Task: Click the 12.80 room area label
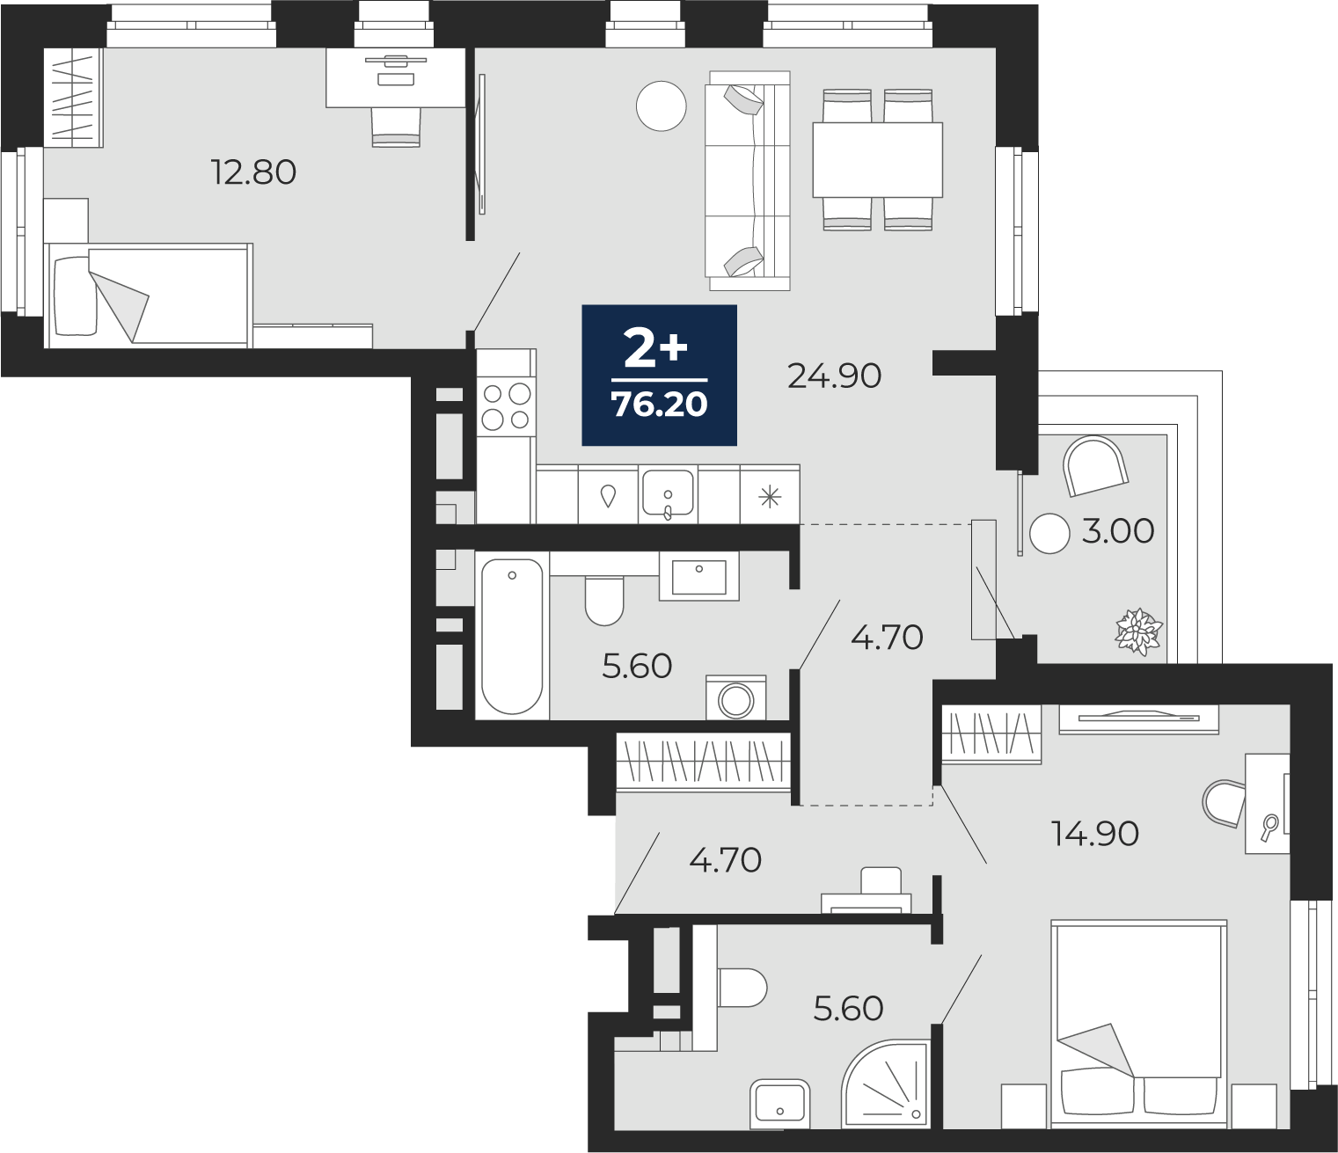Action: (253, 172)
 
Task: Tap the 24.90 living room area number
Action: (835, 376)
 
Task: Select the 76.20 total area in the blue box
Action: (660, 405)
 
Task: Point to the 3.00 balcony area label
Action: (1118, 531)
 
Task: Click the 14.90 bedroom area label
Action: (1094, 834)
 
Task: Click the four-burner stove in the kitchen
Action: (507, 406)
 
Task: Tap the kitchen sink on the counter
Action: (668, 493)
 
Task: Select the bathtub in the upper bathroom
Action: (512, 636)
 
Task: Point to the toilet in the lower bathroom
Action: (742, 989)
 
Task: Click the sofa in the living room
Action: (749, 180)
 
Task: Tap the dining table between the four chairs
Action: (878, 159)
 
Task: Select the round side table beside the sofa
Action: (661, 106)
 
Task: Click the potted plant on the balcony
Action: (1138, 631)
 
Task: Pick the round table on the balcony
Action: (1049, 533)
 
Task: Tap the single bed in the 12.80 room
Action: (148, 296)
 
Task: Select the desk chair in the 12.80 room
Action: (397, 127)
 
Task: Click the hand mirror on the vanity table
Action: (1269, 828)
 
